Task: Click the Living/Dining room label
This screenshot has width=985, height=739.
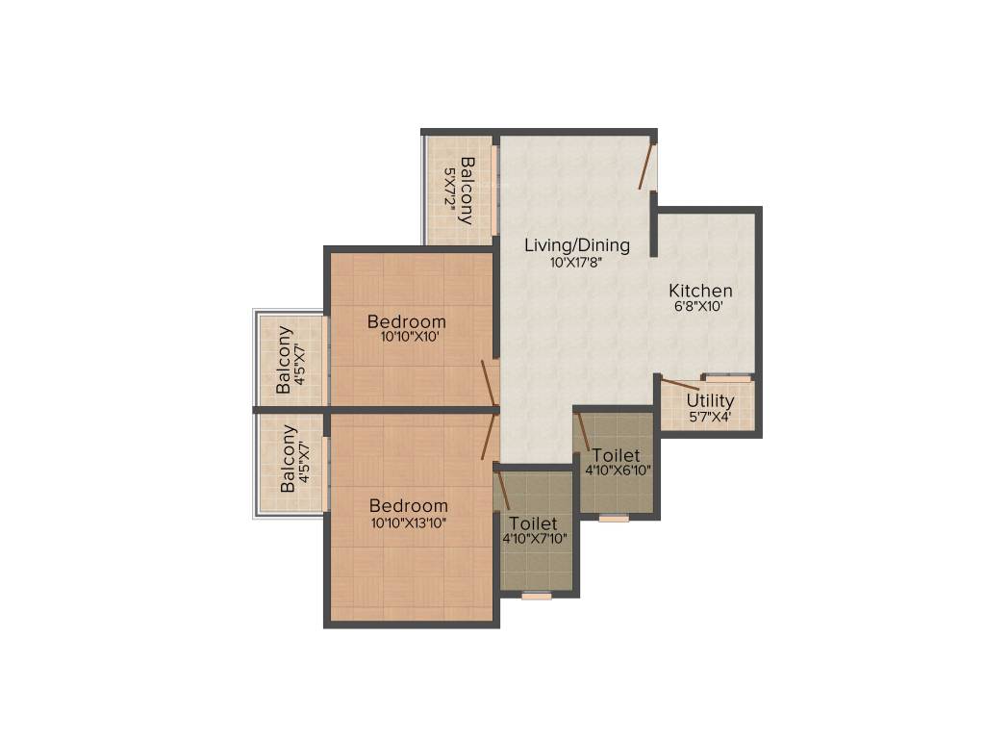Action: pos(576,245)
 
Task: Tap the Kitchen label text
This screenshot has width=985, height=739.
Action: pos(700,291)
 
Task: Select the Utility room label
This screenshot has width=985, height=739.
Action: pos(710,400)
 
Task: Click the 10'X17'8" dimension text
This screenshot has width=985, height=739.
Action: pos(576,262)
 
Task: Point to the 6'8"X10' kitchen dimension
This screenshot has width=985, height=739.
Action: pos(698,307)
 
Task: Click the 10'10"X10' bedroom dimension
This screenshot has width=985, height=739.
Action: pos(407,338)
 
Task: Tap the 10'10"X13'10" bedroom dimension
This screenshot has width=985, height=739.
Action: pos(409,522)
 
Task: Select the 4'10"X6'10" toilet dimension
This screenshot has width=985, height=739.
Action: pos(619,471)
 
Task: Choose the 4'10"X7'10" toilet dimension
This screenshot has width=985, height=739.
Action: pos(534,539)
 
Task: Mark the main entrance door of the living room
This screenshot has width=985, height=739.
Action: pos(647,165)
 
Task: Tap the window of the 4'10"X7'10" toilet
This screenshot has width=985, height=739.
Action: pos(537,596)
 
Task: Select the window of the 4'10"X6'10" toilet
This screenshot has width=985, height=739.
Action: pos(614,519)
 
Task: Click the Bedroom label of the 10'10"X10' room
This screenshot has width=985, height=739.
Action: pos(407,321)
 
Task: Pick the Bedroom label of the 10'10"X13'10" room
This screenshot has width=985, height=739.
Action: pos(409,506)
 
